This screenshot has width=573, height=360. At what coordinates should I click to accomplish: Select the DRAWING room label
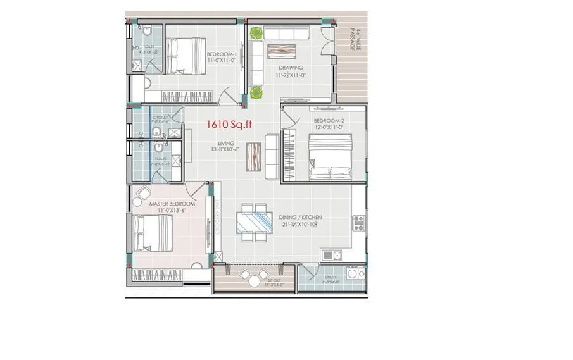tap(289, 68)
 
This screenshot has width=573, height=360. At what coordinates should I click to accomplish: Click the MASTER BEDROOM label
tap(172, 204)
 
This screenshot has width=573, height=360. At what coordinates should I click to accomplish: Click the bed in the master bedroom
tap(153, 233)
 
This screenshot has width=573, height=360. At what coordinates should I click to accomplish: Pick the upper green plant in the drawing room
tap(256, 34)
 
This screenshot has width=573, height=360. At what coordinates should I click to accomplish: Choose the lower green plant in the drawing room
tap(256, 92)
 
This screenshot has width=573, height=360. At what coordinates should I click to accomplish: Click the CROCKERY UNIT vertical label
tap(217, 221)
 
